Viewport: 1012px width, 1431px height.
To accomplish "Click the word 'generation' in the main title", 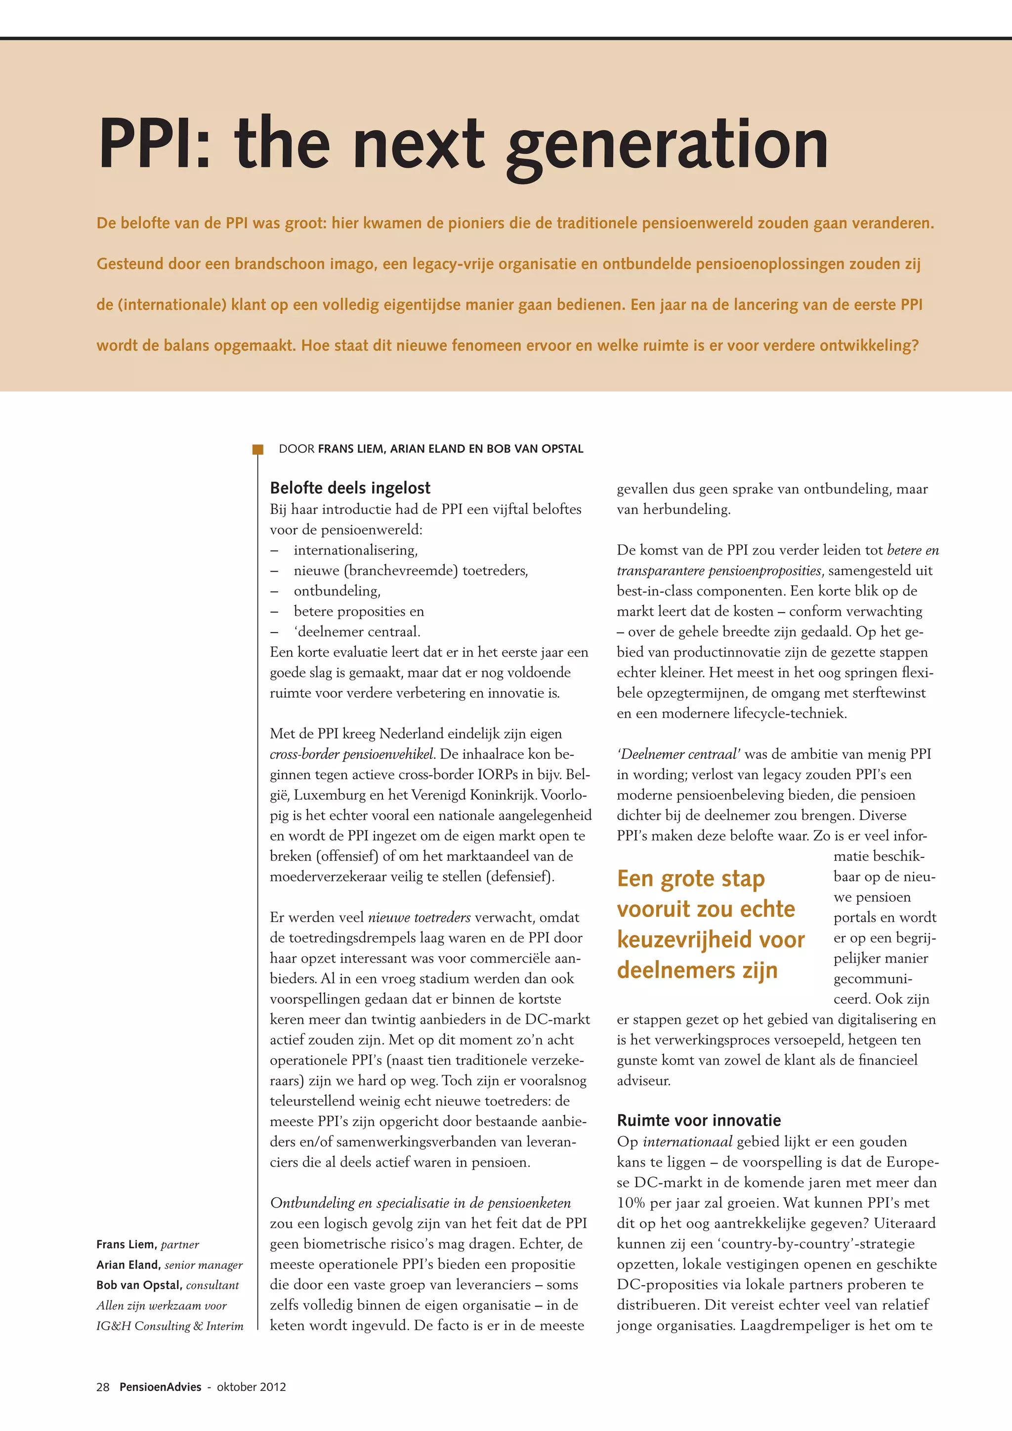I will [666, 146].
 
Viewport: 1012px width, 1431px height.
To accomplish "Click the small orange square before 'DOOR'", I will [257, 449].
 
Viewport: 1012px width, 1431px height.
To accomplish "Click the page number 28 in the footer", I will [103, 1387].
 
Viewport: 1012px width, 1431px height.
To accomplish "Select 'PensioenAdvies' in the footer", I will [160, 1387].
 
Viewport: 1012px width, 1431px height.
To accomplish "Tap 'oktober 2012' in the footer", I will [251, 1387].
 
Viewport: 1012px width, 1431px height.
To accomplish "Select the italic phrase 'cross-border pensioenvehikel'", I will [351, 754].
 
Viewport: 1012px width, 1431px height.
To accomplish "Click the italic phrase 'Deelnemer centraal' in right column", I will [678, 754].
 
